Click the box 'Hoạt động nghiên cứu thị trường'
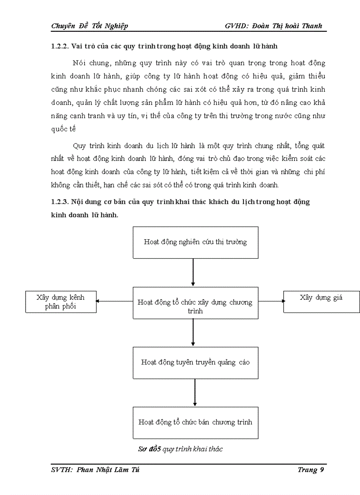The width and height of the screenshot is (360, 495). pyautogui.click(x=195, y=242)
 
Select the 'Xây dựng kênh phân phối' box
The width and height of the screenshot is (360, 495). pyautogui.click(x=60, y=302)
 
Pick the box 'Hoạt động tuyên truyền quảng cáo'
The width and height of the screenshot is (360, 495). pyautogui.click(x=195, y=362)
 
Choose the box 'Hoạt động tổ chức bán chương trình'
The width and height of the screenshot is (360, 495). pyautogui.click(x=195, y=422)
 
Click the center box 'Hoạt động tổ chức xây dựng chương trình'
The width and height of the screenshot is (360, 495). pyautogui.click(x=195, y=303)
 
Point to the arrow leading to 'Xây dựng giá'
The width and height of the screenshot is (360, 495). pyautogui.click(x=270, y=301)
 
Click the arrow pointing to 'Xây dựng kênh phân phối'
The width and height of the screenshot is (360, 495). pyautogui.click(x=115, y=301)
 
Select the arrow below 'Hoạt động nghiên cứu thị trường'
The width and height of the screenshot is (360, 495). pyautogui.click(x=193, y=272)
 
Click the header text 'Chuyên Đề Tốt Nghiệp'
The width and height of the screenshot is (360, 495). pyautogui.click(x=90, y=26)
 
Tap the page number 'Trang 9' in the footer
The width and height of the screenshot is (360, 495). pyautogui.click(x=311, y=470)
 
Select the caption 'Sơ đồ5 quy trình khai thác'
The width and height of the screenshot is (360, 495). pyautogui.click(x=180, y=449)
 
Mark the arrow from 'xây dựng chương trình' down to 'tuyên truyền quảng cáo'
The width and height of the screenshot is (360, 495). pyautogui.click(x=193, y=332)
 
